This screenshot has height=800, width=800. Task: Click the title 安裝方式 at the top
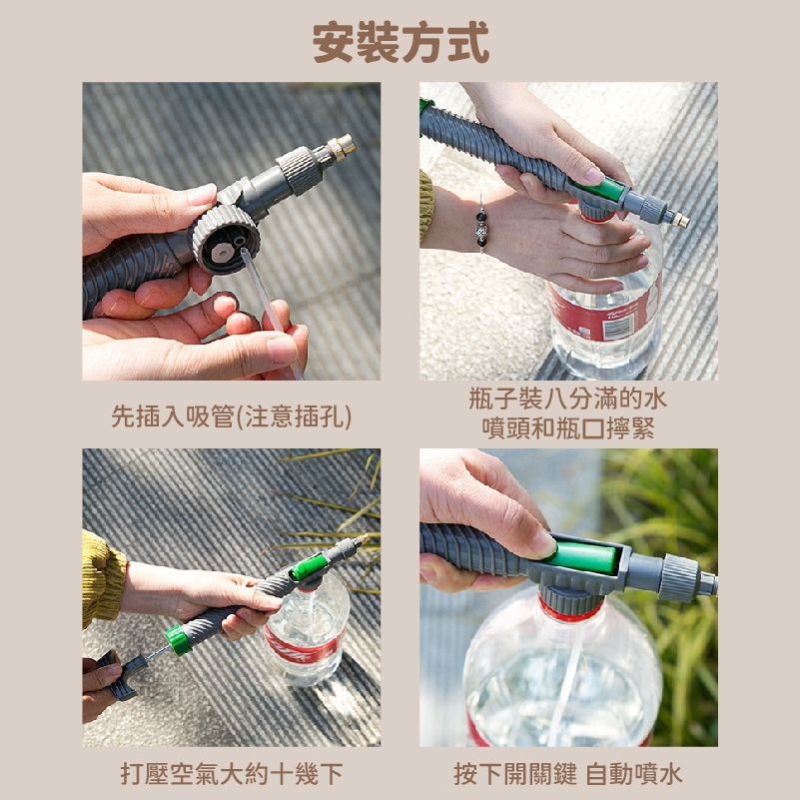coord(400,42)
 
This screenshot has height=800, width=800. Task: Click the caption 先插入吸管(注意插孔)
coord(231,416)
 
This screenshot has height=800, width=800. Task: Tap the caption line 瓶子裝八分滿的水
coord(568,399)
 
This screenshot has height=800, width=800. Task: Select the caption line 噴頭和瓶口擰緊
coord(568,428)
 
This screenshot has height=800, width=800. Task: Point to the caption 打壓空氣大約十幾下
coord(231,774)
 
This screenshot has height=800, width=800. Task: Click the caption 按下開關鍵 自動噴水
coord(568,774)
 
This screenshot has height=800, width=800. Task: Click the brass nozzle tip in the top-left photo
coord(342,147)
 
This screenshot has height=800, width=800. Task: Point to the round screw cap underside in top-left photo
coord(225,239)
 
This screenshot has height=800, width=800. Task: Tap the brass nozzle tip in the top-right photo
coord(680,220)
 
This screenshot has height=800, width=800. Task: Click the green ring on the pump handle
coord(179,640)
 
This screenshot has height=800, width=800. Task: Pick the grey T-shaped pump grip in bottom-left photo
coord(121,673)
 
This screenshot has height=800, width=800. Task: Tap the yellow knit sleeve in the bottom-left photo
coord(103,580)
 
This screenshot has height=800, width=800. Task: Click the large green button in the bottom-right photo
coord(583,557)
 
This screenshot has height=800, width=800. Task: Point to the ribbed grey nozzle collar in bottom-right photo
coord(678,577)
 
